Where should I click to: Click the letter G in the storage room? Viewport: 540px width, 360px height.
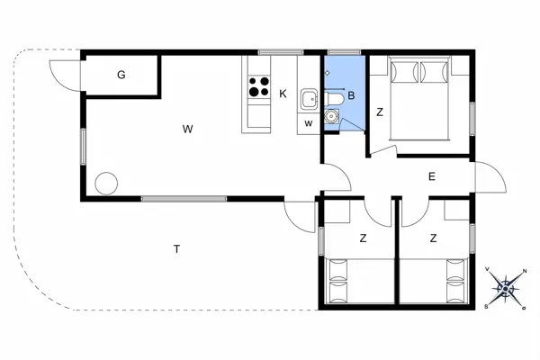coord(121,75)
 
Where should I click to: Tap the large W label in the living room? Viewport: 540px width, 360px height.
coord(187,130)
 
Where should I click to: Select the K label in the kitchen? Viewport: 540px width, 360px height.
coord(283,94)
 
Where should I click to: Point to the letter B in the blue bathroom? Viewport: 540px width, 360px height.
coord(352,94)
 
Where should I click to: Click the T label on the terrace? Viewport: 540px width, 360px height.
coord(177,248)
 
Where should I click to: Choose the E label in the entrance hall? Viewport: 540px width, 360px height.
coord(432,177)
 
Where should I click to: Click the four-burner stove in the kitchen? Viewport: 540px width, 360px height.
coord(258,87)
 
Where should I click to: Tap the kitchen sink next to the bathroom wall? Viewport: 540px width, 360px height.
coord(309,98)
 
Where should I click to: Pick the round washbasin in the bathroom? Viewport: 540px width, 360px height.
coord(332,115)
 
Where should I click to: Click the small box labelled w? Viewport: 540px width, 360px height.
coord(308,122)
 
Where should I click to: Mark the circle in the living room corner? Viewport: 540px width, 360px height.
coord(106,183)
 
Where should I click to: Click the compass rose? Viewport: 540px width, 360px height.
coord(506,287)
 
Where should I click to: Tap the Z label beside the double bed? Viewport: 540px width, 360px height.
coord(380,112)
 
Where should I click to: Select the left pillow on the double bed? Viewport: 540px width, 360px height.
coord(404,71)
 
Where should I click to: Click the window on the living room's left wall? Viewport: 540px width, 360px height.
coord(83,144)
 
